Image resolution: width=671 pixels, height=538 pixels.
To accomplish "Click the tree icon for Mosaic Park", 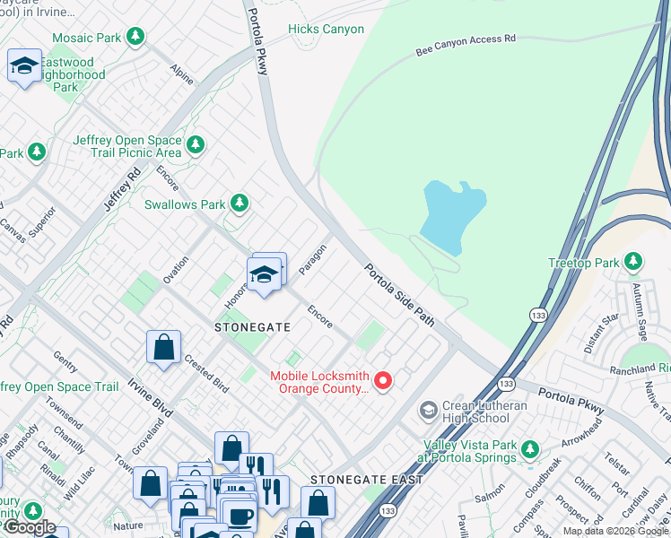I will click(x=135, y=37).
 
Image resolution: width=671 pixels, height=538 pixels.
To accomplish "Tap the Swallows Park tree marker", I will click(x=239, y=204).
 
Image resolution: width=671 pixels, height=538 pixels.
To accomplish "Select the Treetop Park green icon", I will click(x=633, y=262).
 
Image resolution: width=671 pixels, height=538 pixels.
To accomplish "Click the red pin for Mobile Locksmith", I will click(x=383, y=382).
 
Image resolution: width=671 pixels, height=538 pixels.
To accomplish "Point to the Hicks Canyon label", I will click(x=326, y=30).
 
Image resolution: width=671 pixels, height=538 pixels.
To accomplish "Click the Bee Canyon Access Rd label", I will click(x=466, y=46).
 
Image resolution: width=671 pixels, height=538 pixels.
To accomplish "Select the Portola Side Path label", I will click(x=399, y=294).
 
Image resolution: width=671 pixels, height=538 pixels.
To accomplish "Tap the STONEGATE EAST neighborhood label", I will click(x=366, y=480).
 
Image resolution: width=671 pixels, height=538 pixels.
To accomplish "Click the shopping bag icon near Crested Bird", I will click(x=164, y=348).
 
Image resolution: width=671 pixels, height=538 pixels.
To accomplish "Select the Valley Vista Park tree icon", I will click(x=530, y=448).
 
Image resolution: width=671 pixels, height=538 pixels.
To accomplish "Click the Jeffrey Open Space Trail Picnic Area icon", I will click(x=196, y=144).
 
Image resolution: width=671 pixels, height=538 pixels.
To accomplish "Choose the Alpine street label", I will click(x=182, y=74).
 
